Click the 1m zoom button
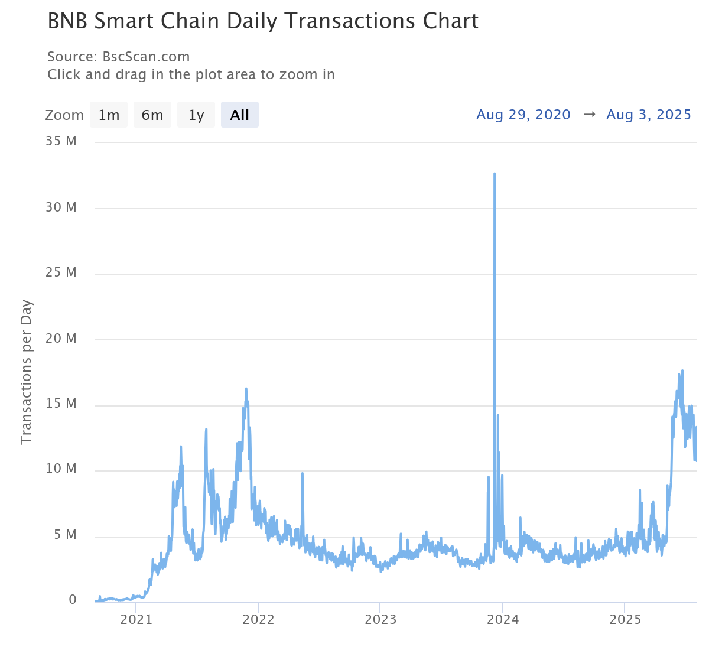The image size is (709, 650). click(x=109, y=115)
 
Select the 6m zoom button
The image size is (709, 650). click(x=152, y=115)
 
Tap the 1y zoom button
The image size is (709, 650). click(x=196, y=115)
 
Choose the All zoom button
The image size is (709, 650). click(x=239, y=115)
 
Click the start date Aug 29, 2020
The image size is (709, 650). click(x=523, y=115)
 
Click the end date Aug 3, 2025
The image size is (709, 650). click(x=648, y=115)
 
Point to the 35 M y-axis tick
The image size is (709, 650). click(x=61, y=141)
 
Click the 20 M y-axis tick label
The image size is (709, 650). click(x=61, y=339)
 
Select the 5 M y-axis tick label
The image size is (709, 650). click(x=65, y=535)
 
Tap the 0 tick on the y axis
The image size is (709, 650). click(x=73, y=600)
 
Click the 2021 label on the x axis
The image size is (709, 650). click(x=136, y=619)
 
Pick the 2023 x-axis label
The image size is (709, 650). click(x=380, y=619)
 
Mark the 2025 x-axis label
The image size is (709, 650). click(x=625, y=619)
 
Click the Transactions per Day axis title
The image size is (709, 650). click(x=26, y=372)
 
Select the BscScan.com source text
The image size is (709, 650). click(x=146, y=57)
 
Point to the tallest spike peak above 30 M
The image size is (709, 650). click(x=495, y=174)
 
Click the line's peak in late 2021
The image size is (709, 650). click(x=246, y=389)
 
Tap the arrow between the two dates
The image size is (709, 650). click(x=589, y=115)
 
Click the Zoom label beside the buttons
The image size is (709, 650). click(x=64, y=115)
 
